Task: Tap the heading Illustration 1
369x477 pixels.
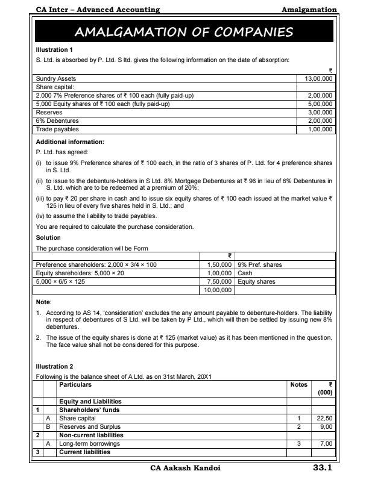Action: [54, 49]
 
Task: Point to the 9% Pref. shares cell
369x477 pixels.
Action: [260, 265]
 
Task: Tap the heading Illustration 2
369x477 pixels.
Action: [54, 367]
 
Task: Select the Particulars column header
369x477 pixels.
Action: [75, 385]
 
